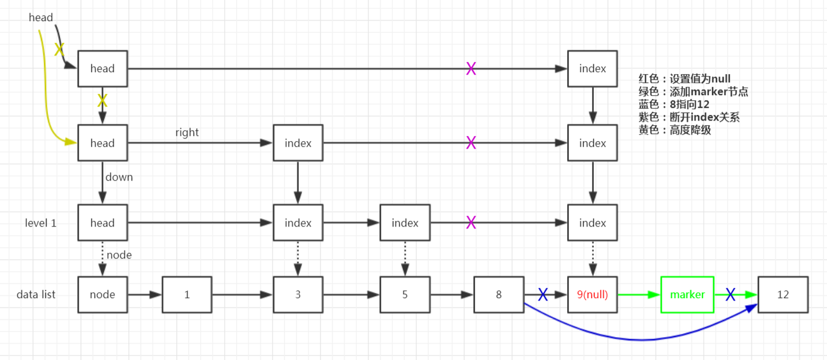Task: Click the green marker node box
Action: pos(687,294)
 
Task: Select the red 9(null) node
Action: pos(593,294)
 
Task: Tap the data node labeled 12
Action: pos(783,294)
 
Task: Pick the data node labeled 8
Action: pos(499,294)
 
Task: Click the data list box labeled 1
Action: pos(187,294)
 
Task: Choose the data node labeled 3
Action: pos(298,294)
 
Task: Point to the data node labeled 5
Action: pos(405,294)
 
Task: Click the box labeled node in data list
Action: pos(102,294)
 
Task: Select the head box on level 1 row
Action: pos(102,223)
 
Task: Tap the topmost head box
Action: pos(102,68)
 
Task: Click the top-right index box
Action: pos(593,68)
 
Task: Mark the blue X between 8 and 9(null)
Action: pos(543,294)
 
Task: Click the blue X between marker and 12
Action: pos(731,294)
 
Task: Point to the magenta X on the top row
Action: pos(471,68)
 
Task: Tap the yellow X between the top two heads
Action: pos(102,100)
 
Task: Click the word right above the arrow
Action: pos(187,132)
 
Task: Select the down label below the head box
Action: pos(119,177)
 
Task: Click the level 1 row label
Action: pos(41,223)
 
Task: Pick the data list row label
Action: pos(36,294)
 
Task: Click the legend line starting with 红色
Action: pos(685,79)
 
